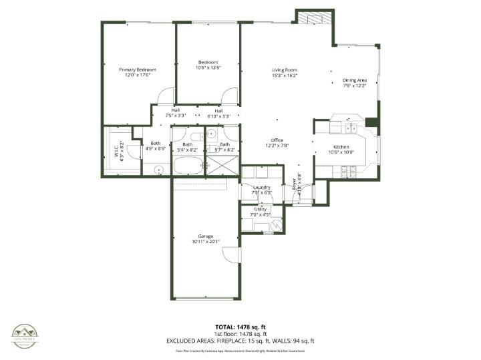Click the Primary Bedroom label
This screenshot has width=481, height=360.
[138, 69]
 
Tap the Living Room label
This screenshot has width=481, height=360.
[284, 69]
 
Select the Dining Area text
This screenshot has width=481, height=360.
[354, 80]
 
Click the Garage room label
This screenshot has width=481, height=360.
[205, 236]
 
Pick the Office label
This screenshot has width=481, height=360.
[277, 140]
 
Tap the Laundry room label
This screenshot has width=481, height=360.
[261, 187]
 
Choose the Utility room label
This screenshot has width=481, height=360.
[261, 210]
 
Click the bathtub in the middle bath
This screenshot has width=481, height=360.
[187, 164]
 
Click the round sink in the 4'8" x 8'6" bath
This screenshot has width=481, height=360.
[159, 168]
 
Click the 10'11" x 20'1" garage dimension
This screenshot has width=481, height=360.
[205, 242]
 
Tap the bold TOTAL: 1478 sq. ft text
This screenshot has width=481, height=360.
[240, 327]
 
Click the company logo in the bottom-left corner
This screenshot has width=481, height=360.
[25, 336]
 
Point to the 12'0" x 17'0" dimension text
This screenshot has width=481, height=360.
[138, 75]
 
